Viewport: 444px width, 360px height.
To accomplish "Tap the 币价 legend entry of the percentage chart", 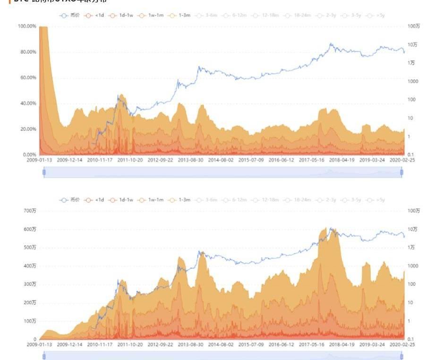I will point(70,16).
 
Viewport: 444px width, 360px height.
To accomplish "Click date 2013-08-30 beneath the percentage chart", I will point(191,160).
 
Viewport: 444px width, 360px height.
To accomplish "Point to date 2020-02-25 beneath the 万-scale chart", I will point(403,345).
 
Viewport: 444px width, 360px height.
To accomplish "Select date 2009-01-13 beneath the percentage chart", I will point(40,160).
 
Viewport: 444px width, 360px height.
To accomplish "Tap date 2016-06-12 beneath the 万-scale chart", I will point(282,345).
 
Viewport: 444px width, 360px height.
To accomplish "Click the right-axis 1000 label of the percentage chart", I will point(413,81).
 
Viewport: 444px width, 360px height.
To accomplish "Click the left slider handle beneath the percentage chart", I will point(44,172).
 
